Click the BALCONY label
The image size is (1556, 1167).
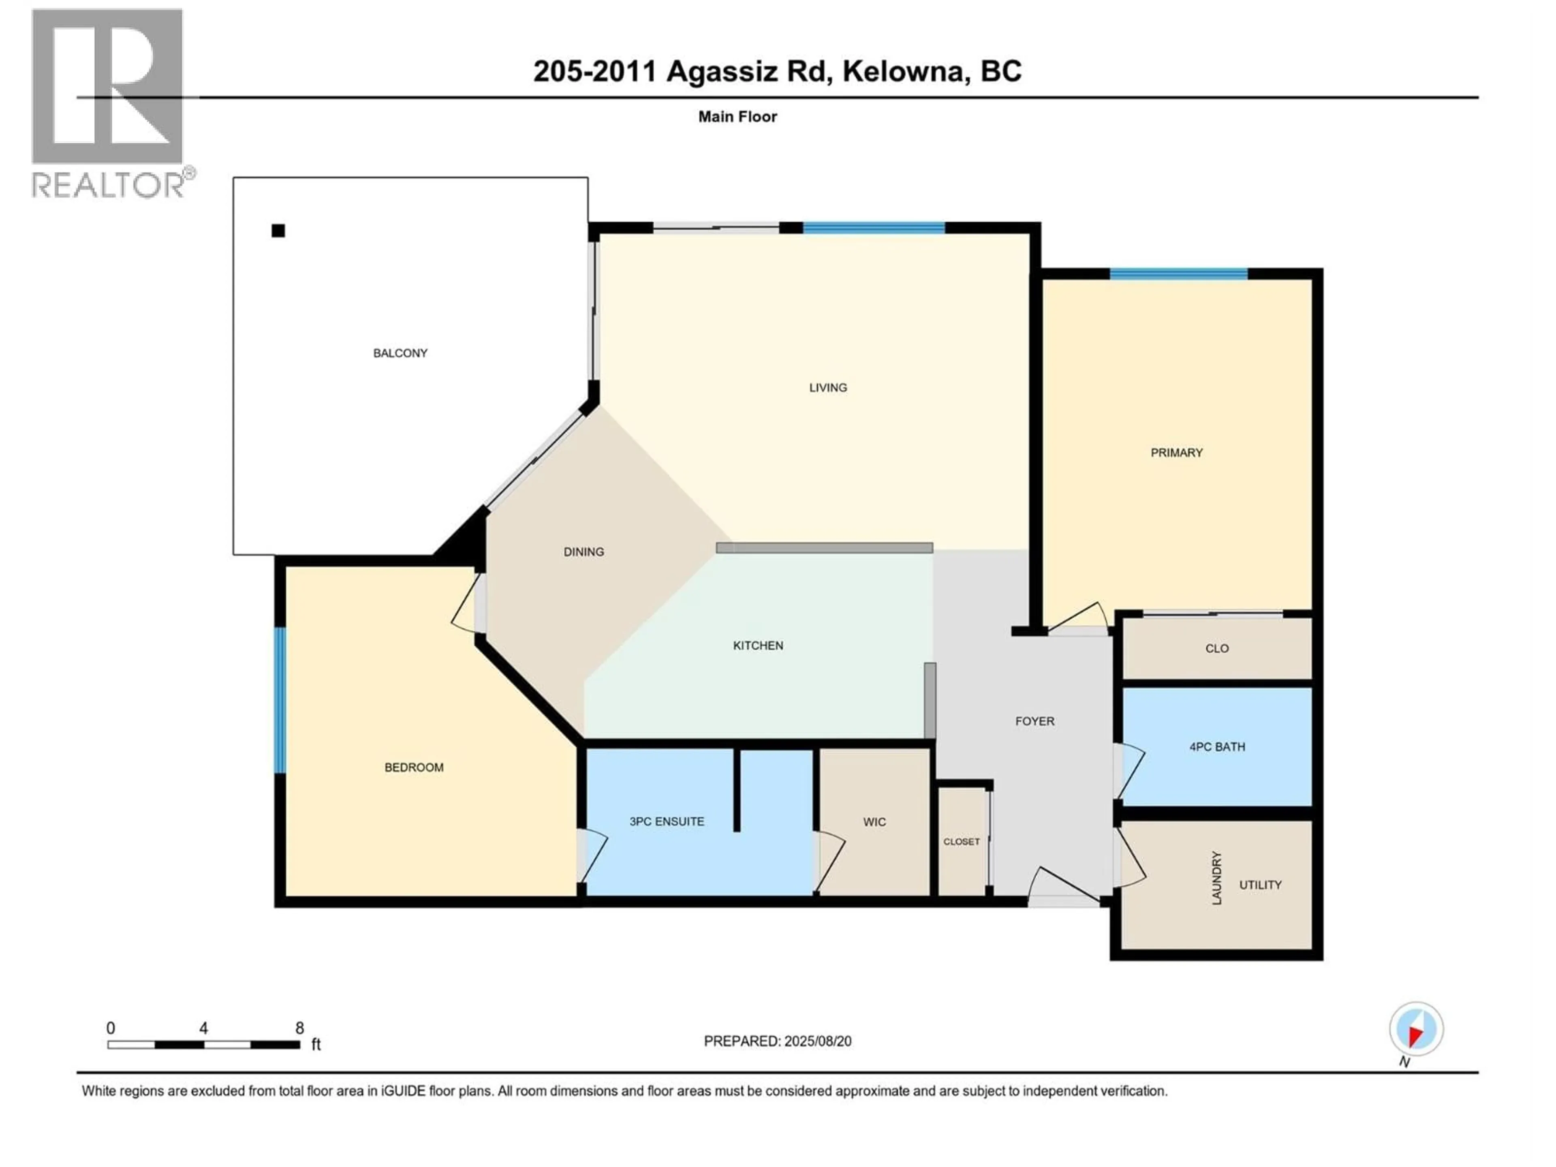[x=400, y=353]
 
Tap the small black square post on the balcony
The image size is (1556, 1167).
[x=278, y=231]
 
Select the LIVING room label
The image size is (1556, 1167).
[x=828, y=388]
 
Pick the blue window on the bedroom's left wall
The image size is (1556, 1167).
[x=280, y=700]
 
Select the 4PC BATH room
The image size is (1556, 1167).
[x=1217, y=747]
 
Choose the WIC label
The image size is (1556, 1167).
[x=874, y=822]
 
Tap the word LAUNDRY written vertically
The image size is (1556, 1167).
[x=1216, y=878]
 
